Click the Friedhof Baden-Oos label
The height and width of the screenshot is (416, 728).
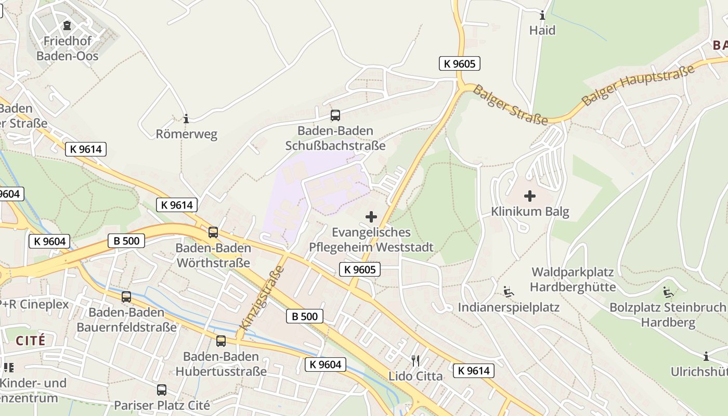click(68, 48)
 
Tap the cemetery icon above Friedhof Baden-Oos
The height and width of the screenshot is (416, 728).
click(67, 25)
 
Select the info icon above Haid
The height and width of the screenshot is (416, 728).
click(542, 16)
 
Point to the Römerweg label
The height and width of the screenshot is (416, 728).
click(187, 134)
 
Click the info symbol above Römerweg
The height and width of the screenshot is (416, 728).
click(186, 119)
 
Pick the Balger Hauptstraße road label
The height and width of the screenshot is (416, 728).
click(638, 85)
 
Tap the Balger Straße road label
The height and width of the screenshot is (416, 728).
click(511, 106)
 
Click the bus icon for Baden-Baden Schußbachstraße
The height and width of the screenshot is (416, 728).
click(335, 115)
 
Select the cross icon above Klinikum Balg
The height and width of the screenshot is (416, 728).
click(530, 196)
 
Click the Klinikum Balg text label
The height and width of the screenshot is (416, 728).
click(530, 212)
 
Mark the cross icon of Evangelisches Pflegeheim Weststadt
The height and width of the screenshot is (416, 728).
click(371, 216)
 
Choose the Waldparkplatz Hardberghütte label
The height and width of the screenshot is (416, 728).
click(573, 279)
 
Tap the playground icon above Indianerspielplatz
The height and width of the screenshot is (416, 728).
click(508, 292)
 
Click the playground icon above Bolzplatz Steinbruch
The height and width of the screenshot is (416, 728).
click(668, 292)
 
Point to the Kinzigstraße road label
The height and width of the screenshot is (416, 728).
click(263, 298)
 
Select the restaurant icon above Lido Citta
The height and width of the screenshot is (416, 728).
click(415, 360)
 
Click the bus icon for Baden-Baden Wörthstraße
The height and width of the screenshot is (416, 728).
click(213, 232)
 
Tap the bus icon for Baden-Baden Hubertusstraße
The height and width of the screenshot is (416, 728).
click(221, 341)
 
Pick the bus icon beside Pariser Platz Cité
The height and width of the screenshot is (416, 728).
click(162, 389)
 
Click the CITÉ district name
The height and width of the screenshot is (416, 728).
click(31, 341)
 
